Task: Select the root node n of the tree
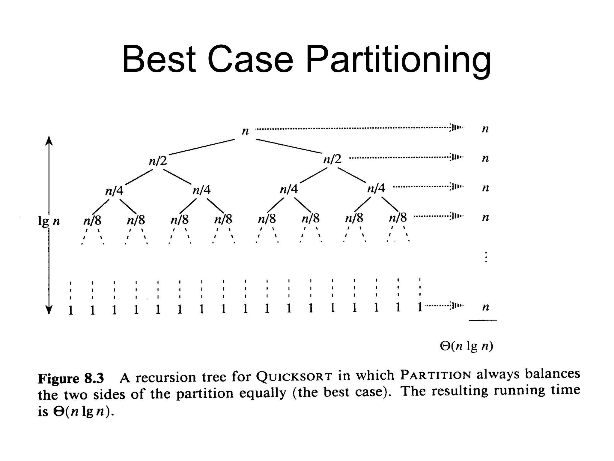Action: pos(245,131)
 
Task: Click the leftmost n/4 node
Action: pos(114,191)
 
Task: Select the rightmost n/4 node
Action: pos(376,188)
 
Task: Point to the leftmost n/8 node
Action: pos(92,221)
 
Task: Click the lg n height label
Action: pos(49,221)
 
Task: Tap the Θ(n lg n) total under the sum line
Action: pos(466,346)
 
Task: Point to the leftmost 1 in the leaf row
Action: pos(70,310)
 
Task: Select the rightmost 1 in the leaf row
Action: pos(420,307)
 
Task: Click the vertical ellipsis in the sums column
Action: pos(486,257)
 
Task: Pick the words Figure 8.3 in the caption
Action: pos(71,378)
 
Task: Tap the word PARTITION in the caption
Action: pos(436,375)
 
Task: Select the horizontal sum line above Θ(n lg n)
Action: pos(483,320)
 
